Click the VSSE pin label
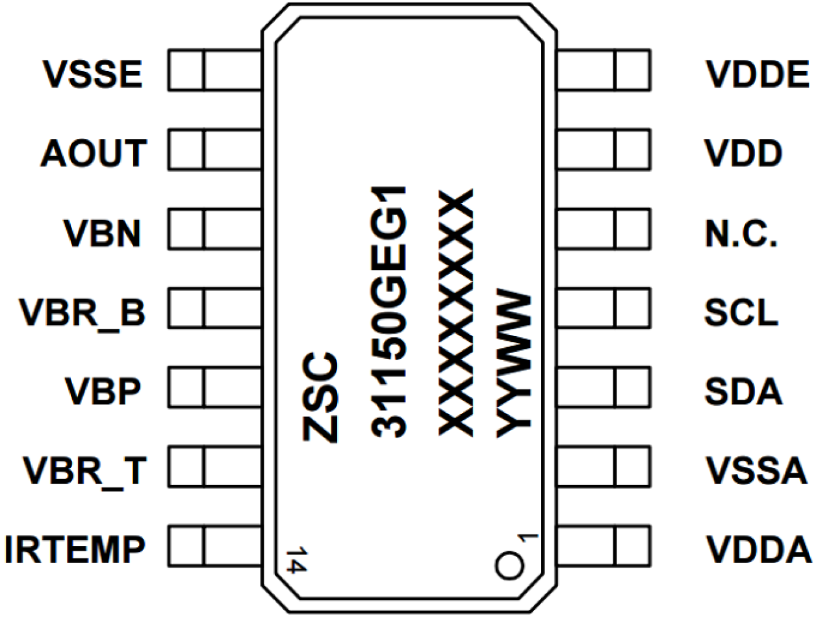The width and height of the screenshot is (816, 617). pos(92,74)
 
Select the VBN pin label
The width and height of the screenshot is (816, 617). pos(103,233)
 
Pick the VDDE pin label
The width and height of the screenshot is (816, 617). pos(757,74)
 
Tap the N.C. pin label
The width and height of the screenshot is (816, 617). pos(741,233)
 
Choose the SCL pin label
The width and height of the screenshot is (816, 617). pos(741,312)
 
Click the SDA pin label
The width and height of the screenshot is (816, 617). pos(742,391)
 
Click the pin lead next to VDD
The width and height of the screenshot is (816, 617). pos(604,150)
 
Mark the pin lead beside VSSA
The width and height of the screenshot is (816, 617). pos(604,466)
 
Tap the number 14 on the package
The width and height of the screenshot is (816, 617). pos(296,558)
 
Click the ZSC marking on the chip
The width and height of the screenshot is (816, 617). pos(321,397)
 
